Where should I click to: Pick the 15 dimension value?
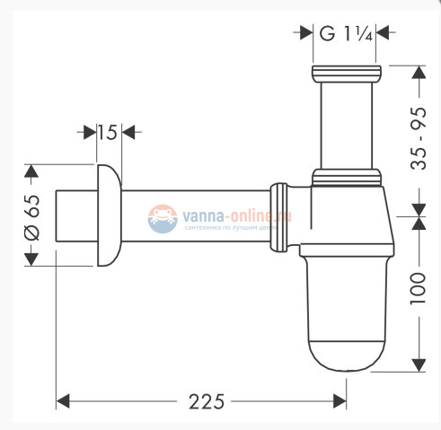coord(106,133)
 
